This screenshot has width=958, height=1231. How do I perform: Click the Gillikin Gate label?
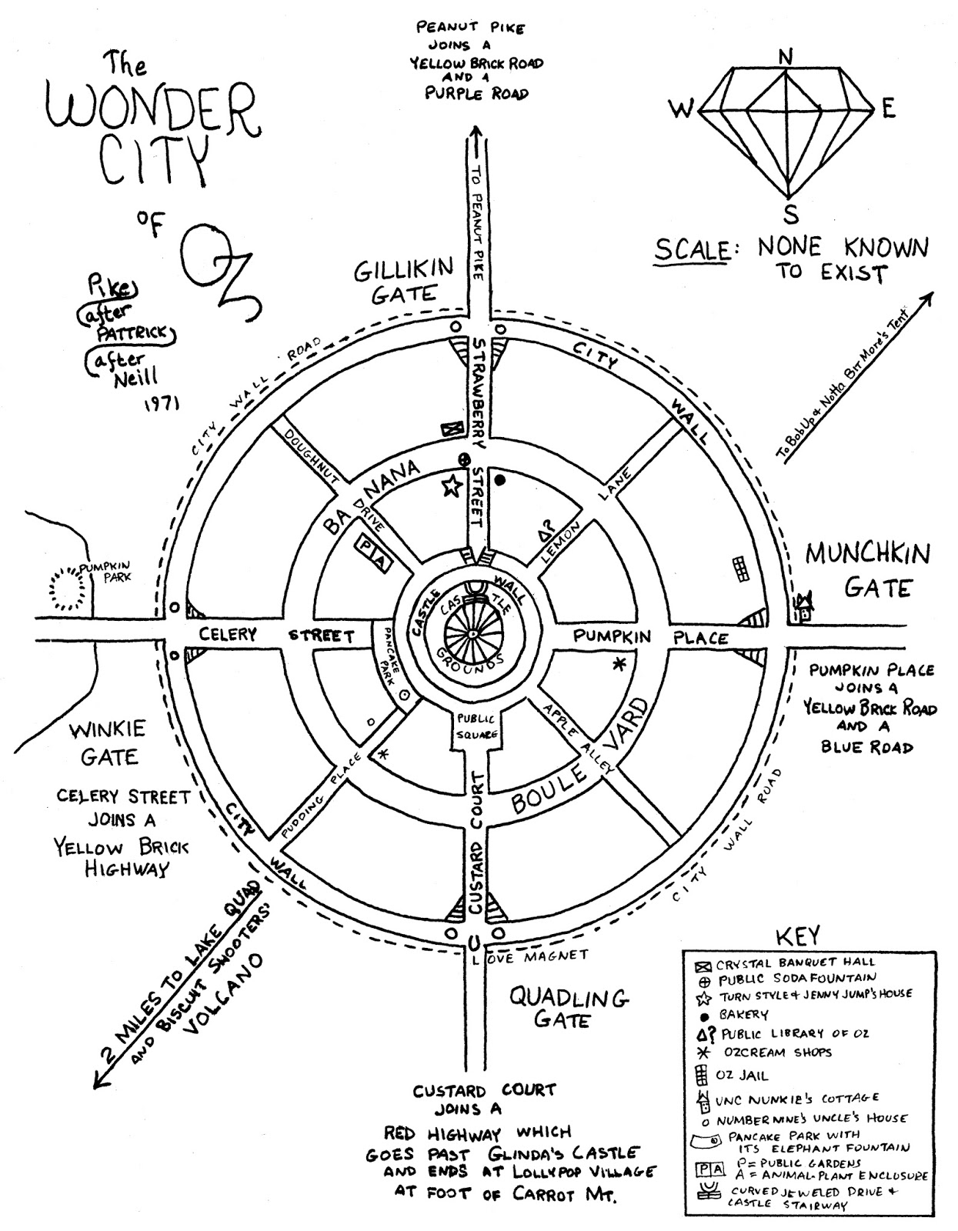(x=403, y=281)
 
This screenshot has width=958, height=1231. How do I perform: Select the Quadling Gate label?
(x=570, y=1009)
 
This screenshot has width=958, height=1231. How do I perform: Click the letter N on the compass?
(x=786, y=56)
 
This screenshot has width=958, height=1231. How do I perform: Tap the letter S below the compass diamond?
(x=791, y=213)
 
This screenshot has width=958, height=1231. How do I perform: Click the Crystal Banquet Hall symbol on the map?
(x=449, y=429)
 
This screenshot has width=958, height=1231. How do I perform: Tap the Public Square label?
(x=475, y=726)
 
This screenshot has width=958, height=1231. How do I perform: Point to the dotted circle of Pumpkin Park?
(x=67, y=593)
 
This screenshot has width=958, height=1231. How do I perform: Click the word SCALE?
(x=691, y=249)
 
